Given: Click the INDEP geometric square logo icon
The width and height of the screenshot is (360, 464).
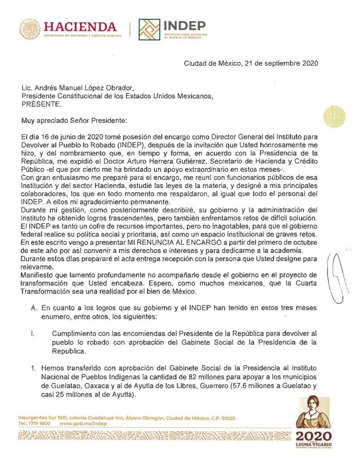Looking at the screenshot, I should coord(149,29).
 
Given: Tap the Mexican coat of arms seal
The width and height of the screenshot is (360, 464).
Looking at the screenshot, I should coord(30,29).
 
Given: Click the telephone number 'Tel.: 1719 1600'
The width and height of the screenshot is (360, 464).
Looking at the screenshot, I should coord(34,423).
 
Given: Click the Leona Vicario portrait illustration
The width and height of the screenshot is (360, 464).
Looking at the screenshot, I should coord(313,413).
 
